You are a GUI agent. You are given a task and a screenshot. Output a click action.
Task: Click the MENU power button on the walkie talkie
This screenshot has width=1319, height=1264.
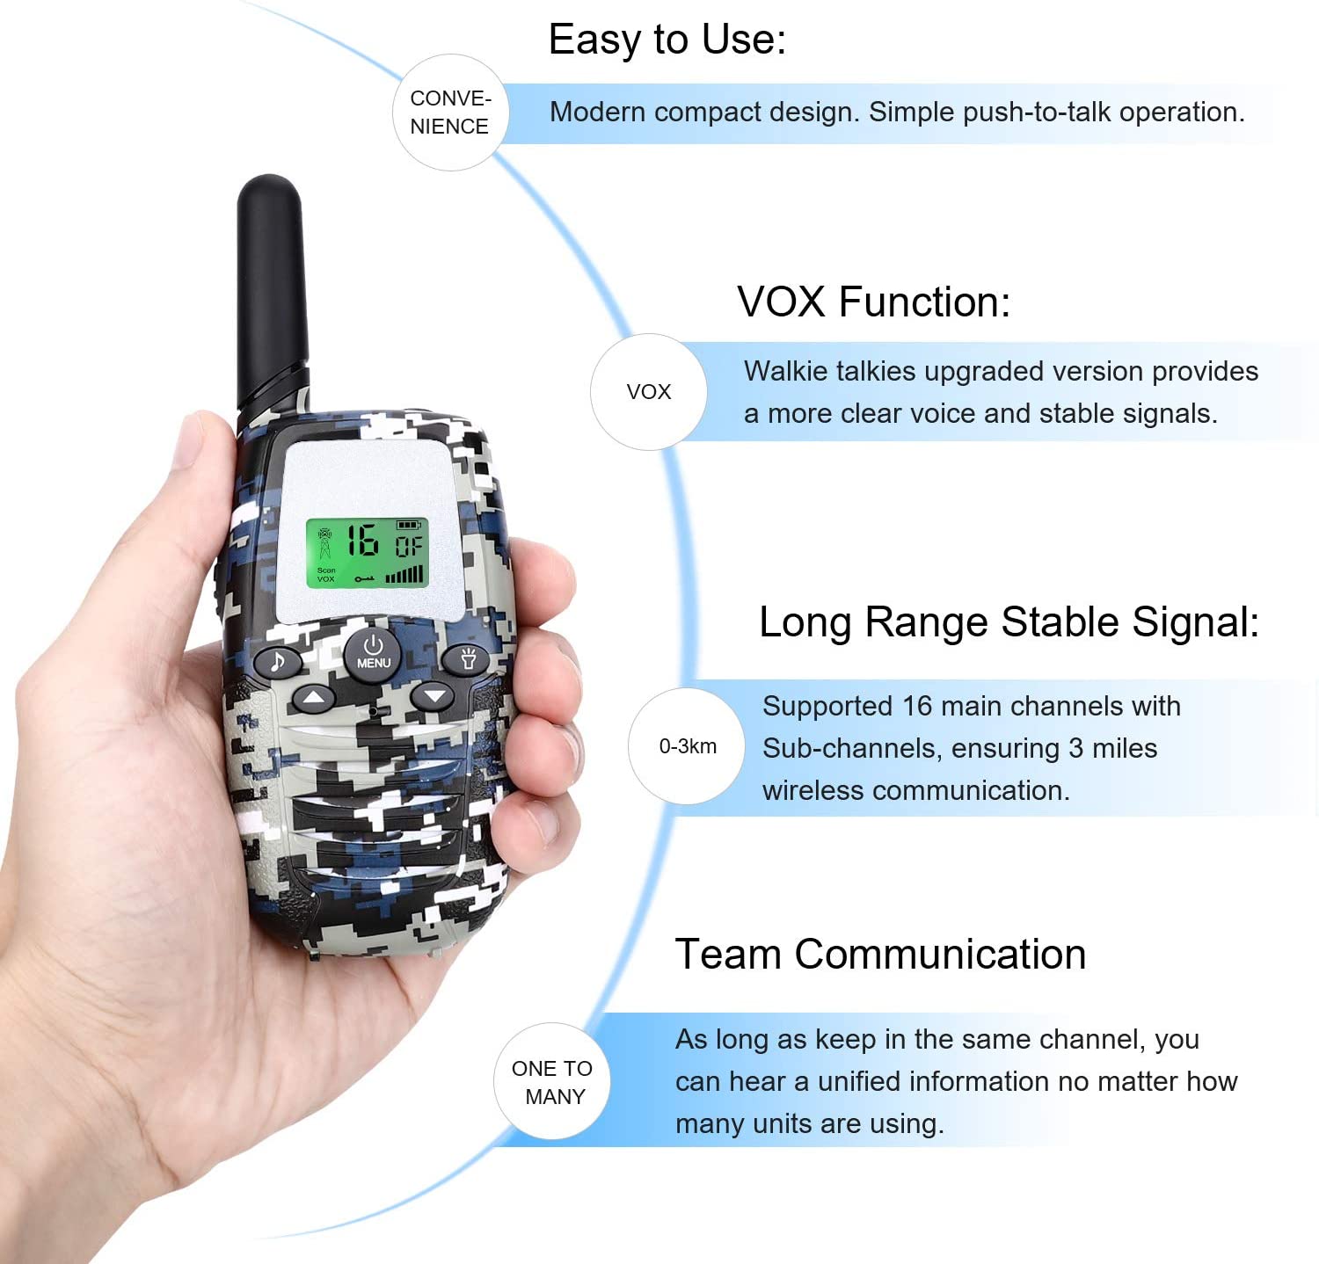(373, 652)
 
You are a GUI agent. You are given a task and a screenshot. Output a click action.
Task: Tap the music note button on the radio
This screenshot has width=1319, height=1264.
(278, 661)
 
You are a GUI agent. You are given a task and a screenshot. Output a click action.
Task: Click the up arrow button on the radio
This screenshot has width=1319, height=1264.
(314, 699)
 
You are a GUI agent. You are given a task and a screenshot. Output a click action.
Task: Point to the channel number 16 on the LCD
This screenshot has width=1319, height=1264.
(361, 541)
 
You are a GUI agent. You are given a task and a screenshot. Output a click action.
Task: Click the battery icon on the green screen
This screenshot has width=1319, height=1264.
(409, 525)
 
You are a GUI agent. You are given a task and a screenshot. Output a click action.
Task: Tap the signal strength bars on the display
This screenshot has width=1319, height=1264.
(404, 575)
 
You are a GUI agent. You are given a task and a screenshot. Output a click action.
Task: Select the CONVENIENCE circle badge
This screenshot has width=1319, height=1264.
(449, 113)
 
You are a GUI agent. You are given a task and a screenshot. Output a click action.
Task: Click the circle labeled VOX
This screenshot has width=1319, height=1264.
(648, 392)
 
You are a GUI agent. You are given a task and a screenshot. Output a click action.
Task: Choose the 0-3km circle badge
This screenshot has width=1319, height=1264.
(687, 746)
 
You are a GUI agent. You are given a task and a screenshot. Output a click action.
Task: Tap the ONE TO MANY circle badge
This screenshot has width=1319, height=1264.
(552, 1082)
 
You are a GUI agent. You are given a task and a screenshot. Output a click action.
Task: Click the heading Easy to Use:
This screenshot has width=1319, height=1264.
(667, 40)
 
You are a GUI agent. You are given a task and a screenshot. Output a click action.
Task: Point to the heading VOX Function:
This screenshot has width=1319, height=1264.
(873, 302)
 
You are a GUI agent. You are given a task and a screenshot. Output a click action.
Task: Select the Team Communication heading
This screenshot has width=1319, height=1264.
(880, 955)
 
